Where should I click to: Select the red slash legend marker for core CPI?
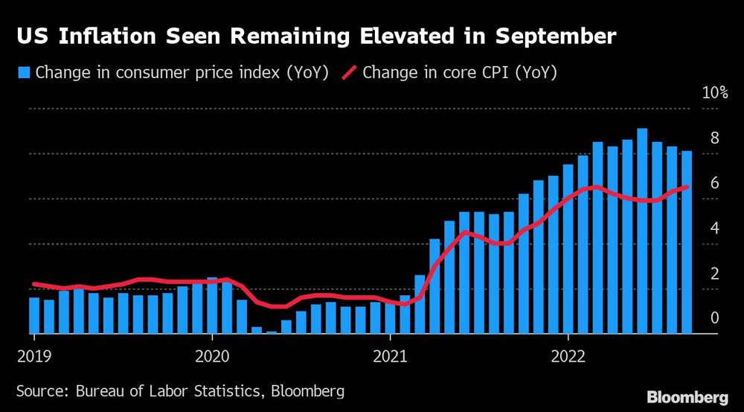350,73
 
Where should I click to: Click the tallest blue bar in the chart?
642,231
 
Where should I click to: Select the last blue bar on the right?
687,242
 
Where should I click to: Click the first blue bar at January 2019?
34,315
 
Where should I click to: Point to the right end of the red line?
686,187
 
